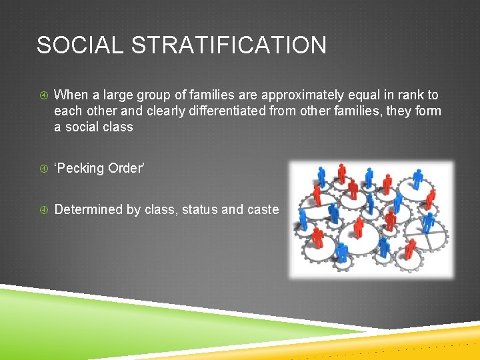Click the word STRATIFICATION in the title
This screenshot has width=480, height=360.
tap(229, 45)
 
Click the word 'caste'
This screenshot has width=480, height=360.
tap(263, 209)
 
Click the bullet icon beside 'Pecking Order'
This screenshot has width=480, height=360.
tap(43, 169)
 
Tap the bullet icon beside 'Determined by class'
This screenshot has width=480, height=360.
tap(43, 210)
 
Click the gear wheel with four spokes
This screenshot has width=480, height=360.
tap(427, 237)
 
